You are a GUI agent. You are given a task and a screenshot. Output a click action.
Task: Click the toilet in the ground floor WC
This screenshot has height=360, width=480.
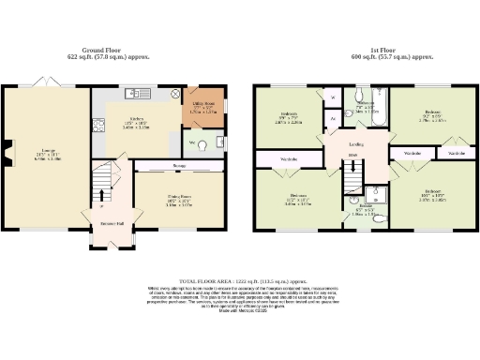coord(192,145)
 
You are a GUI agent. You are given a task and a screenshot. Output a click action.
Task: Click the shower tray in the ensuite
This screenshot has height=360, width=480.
coord(376,195)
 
